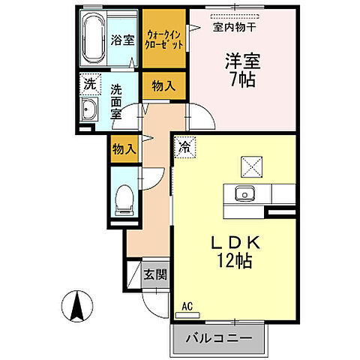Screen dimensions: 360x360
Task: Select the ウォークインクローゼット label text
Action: tap(164, 37)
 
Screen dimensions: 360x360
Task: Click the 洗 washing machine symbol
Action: tap(89, 85)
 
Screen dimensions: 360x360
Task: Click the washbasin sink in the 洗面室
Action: tap(89, 113)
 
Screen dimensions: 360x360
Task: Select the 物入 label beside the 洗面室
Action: tap(163, 85)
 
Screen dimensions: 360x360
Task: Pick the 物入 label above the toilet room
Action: tap(124, 149)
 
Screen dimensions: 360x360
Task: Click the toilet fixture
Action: tap(124, 199)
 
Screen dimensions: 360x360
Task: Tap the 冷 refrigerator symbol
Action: tap(184, 147)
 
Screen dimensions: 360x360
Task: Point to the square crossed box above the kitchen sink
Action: tap(249, 164)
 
